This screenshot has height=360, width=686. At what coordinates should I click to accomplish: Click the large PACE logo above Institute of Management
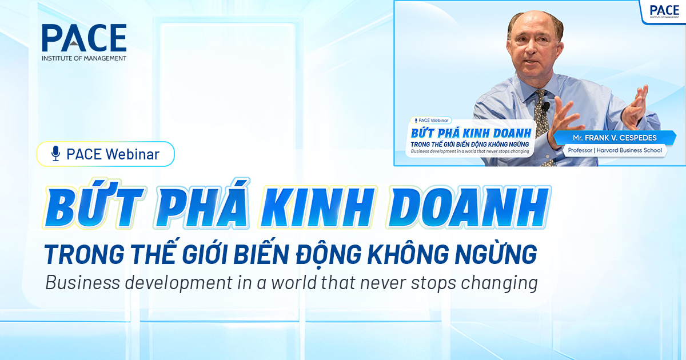84,38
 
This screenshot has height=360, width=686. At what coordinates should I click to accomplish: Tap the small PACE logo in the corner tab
664,10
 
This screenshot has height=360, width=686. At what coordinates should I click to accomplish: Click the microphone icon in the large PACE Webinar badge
55,153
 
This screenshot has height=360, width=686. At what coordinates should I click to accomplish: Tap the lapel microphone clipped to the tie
546,106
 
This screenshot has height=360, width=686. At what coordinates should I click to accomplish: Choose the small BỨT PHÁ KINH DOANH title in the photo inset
472,133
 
